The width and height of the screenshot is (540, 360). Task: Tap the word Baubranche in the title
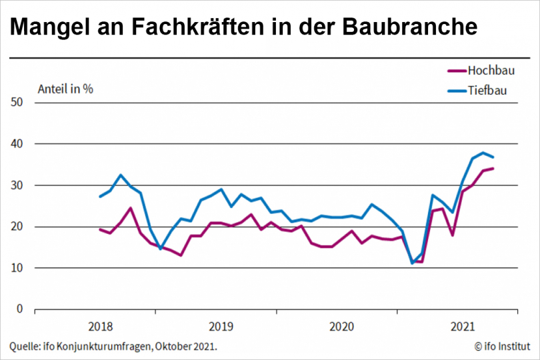410,27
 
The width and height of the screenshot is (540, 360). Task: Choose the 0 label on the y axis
20,309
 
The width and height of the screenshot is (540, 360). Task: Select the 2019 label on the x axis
221,327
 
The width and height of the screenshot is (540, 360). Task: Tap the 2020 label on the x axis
342,327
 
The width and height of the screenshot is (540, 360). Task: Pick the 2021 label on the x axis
463,327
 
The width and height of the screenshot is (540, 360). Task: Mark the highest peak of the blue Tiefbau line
483,153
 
